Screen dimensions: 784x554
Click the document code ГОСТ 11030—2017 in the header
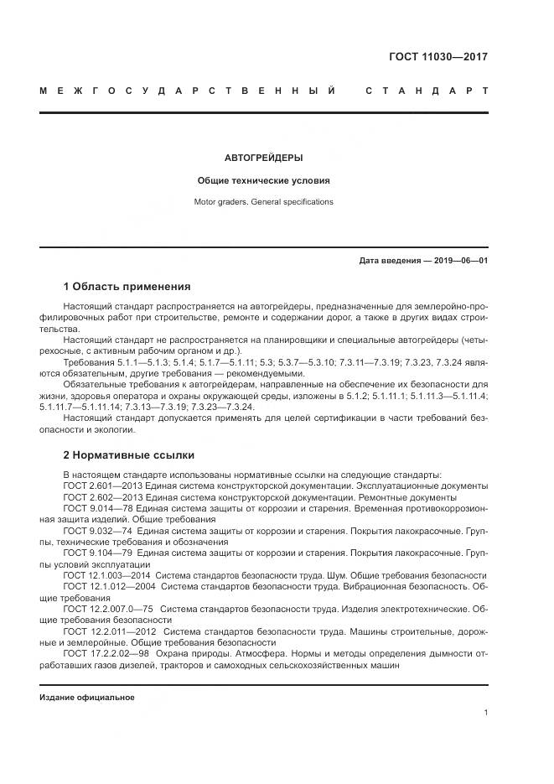tap(438, 58)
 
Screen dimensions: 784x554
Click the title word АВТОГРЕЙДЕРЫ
tap(264, 157)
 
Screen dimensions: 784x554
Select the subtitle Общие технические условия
tap(264, 180)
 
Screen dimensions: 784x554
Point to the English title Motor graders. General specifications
tap(264, 202)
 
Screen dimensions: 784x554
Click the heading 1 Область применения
tap(127, 286)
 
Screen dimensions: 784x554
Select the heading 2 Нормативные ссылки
tap(129, 455)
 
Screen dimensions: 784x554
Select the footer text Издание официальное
tap(87, 698)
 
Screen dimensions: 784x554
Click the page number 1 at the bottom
tap(485, 713)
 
